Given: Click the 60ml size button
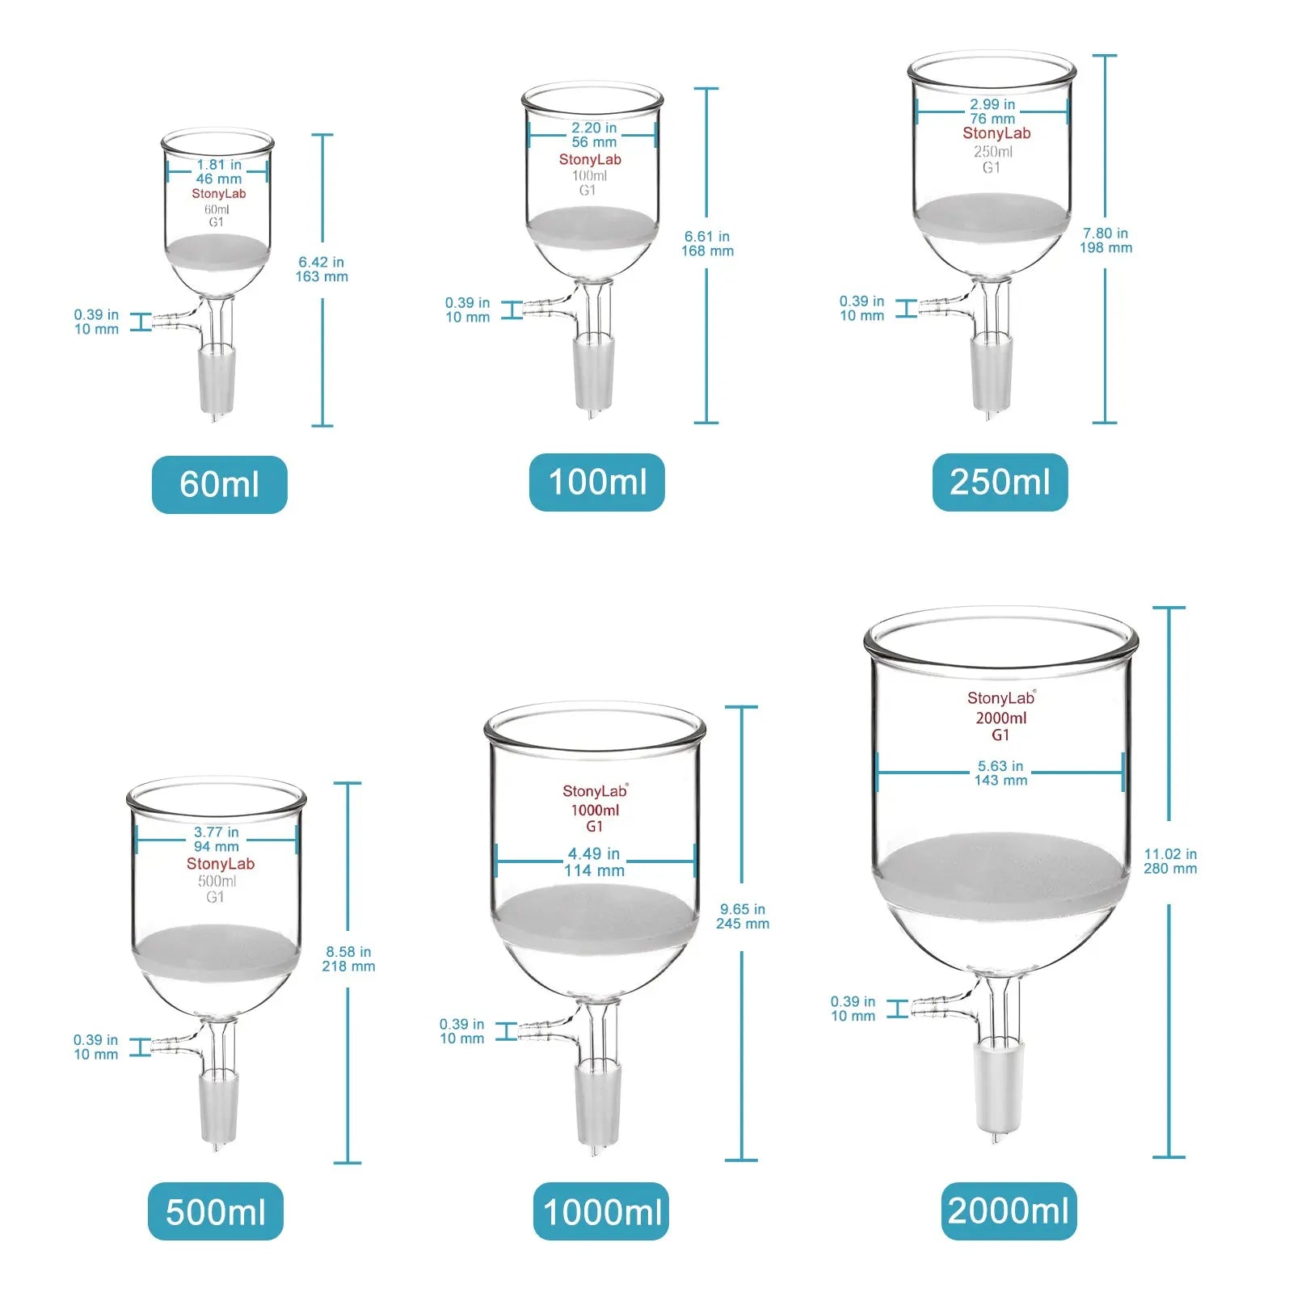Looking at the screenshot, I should pyautogui.click(x=219, y=484).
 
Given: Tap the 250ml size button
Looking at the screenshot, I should pyautogui.click(x=1000, y=482).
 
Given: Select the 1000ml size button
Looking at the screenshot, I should pyautogui.click(x=601, y=1211).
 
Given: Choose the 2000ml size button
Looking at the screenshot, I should pyautogui.click(x=1009, y=1211).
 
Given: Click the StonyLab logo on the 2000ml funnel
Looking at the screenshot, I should pyautogui.click(x=1000, y=698).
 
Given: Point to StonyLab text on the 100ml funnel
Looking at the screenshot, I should pyautogui.click(x=590, y=159).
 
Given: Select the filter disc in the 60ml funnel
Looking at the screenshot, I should pyautogui.click(x=217, y=251).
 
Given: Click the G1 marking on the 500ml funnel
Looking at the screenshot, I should pyautogui.click(x=215, y=897).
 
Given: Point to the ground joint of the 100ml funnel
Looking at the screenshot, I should pyautogui.click(x=594, y=372).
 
